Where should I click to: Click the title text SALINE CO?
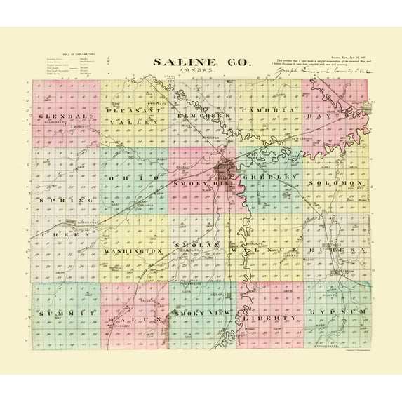(x=200, y=62)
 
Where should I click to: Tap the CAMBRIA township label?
(x=267, y=112)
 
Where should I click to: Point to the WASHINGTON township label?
(x=133, y=250)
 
